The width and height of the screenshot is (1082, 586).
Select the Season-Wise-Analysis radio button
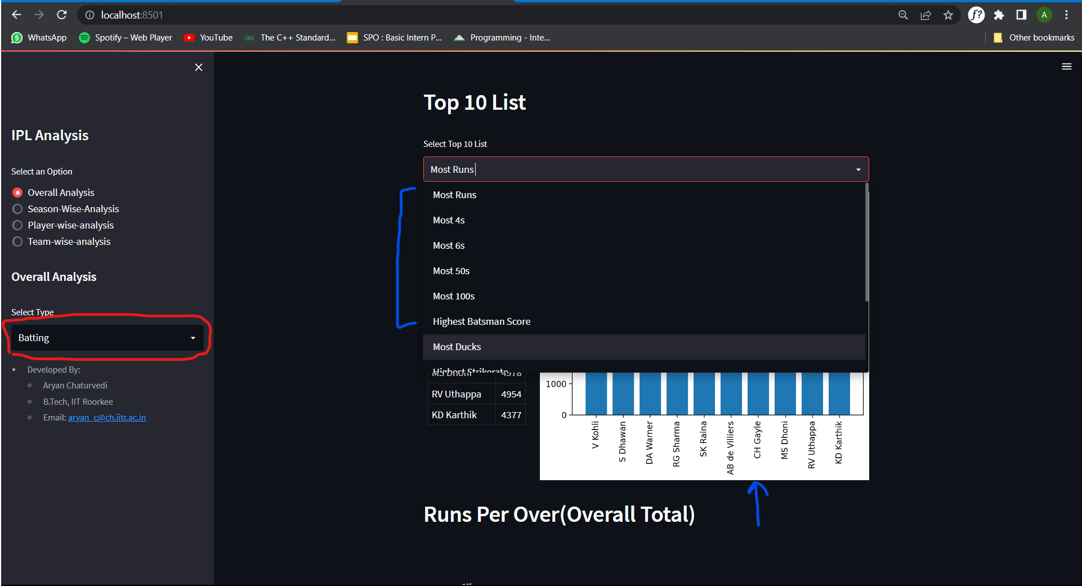(x=18, y=209)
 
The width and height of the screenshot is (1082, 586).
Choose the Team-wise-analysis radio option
(x=18, y=241)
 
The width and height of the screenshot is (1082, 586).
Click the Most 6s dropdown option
(x=449, y=245)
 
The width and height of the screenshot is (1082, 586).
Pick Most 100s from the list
(x=454, y=296)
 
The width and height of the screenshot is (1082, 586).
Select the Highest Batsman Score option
(x=481, y=321)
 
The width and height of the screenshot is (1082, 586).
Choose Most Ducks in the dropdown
(x=457, y=347)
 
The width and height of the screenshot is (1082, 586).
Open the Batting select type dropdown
(x=107, y=338)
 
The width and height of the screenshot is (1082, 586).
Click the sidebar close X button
(x=199, y=68)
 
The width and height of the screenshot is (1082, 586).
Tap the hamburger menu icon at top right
(x=1066, y=66)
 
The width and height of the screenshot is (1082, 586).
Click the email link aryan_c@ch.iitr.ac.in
(x=107, y=418)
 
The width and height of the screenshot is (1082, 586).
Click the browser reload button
(x=62, y=15)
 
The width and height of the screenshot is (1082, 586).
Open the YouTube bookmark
(x=208, y=38)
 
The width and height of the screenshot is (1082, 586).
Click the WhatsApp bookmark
(x=39, y=38)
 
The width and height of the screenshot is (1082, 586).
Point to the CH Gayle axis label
(x=758, y=440)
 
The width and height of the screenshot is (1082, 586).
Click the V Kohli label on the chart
(x=596, y=435)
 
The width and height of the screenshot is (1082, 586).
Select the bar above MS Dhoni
(x=785, y=394)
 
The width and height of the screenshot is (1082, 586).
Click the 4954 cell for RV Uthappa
(x=511, y=394)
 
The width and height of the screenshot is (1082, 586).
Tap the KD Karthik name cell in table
(x=454, y=415)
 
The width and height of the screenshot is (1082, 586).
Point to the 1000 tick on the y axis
(x=556, y=384)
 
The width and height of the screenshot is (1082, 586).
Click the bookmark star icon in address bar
(x=948, y=15)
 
